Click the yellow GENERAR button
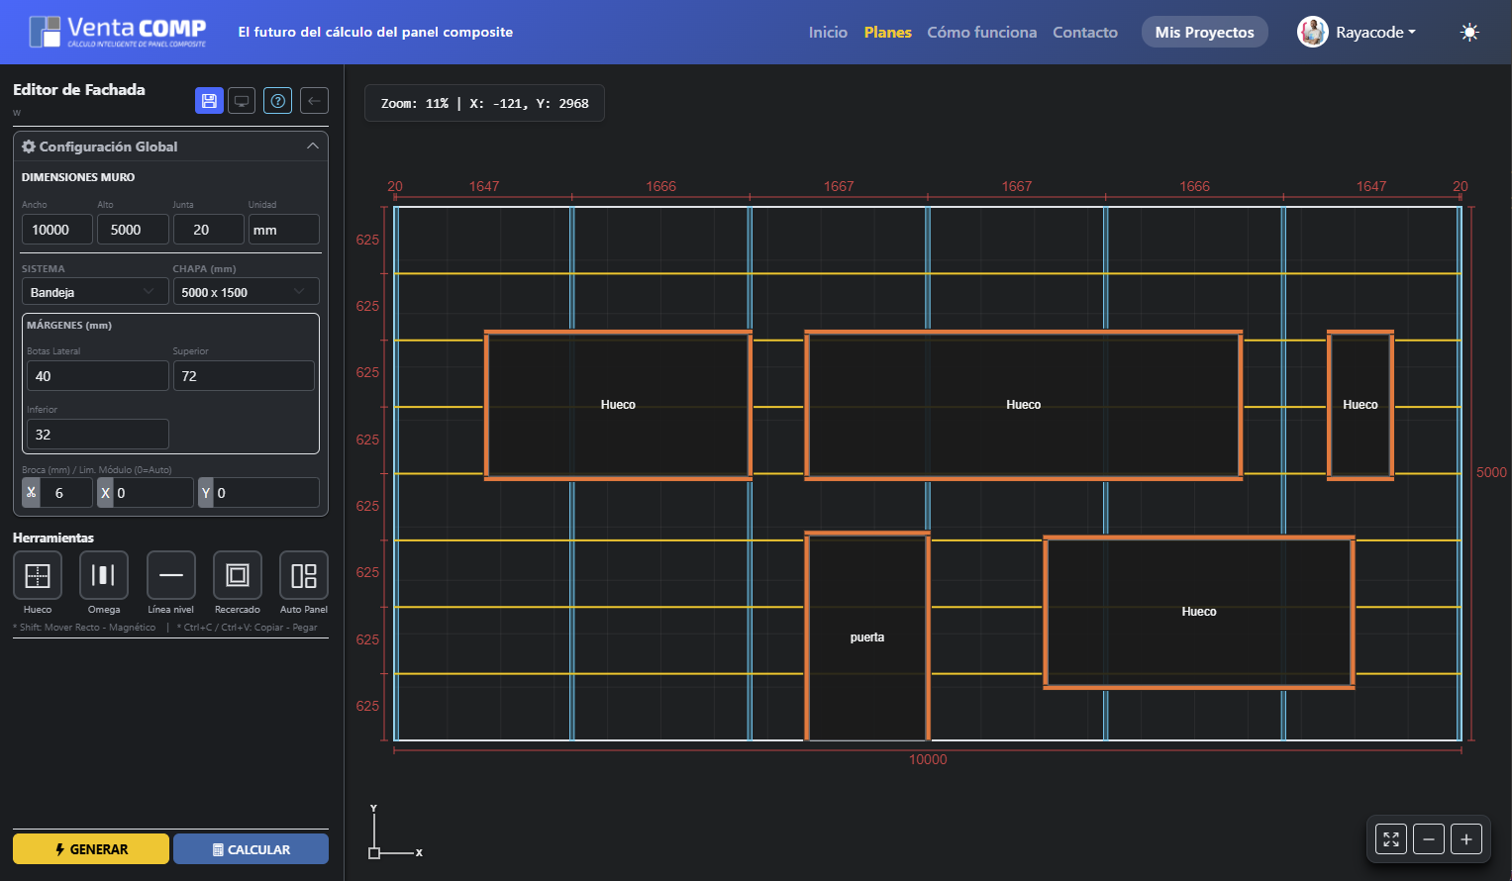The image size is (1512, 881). (x=90, y=849)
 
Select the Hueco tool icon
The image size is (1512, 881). (x=38, y=575)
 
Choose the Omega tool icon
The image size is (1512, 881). (x=104, y=575)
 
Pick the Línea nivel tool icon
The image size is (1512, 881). (x=171, y=575)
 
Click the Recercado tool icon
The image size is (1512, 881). (x=238, y=575)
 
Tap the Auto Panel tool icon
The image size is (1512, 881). (x=304, y=575)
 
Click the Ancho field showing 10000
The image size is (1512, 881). (x=57, y=230)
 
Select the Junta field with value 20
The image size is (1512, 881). (x=208, y=230)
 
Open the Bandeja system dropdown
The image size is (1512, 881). (x=95, y=292)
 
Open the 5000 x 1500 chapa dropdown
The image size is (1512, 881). (x=246, y=292)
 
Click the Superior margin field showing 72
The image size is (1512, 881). (x=244, y=376)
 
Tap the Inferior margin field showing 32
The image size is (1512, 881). (x=97, y=435)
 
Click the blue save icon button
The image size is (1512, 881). (x=209, y=101)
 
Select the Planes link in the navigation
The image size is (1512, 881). (x=887, y=33)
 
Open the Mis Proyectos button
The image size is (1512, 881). (x=1204, y=33)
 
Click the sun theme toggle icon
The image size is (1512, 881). (x=1469, y=33)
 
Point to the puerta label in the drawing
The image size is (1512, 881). (x=867, y=637)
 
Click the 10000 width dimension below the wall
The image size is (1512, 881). (x=928, y=760)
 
